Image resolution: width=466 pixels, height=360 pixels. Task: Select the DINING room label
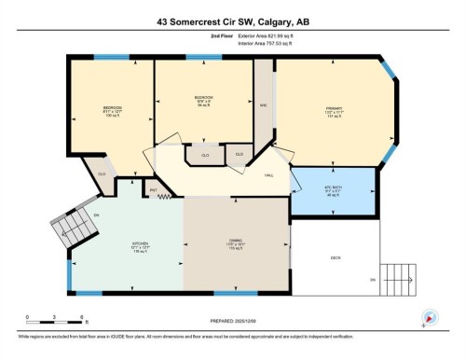[237, 246]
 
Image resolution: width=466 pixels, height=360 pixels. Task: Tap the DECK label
[336, 257]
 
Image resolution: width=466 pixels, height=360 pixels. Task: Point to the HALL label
[268, 175]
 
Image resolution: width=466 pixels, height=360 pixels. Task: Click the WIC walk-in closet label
[264, 105]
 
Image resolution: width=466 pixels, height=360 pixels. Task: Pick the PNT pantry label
[153, 189]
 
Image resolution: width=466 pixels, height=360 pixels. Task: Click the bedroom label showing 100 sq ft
[112, 110]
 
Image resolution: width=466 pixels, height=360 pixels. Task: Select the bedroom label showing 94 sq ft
[203, 100]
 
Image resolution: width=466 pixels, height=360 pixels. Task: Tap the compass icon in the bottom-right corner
[430, 317]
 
